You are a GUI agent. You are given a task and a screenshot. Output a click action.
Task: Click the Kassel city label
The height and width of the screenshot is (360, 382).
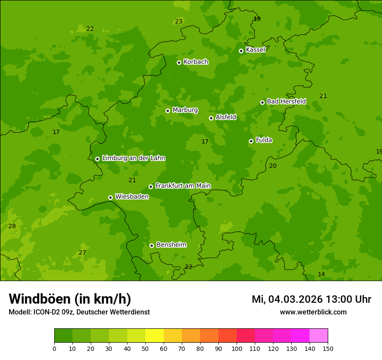[x=255, y=50]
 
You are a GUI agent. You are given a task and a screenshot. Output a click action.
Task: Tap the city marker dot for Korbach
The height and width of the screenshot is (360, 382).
[x=179, y=62]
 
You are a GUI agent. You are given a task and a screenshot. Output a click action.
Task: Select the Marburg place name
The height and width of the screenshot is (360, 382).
[x=185, y=110]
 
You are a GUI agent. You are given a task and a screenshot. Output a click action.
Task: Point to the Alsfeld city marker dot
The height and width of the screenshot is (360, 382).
[x=211, y=118]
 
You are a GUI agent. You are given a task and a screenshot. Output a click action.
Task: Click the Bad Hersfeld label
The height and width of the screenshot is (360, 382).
[x=286, y=101]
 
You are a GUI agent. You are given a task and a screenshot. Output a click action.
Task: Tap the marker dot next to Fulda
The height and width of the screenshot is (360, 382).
[x=251, y=141]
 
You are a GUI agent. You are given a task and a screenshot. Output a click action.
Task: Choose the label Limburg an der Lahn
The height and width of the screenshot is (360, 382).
[x=133, y=158]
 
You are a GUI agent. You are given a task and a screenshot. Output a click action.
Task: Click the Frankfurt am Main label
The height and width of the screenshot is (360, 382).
[x=183, y=186]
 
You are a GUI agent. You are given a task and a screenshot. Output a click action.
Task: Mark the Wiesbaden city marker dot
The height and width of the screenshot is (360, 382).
[x=110, y=197]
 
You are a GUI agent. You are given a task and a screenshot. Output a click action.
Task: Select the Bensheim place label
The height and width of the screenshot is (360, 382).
[x=171, y=245]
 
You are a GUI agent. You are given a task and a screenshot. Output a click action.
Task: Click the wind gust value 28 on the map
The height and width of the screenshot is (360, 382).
[x=12, y=226]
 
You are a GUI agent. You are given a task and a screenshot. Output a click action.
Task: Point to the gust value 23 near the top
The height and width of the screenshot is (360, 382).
[x=178, y=21]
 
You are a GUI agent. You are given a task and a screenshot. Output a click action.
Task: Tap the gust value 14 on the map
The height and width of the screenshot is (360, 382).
[x=321, y=274]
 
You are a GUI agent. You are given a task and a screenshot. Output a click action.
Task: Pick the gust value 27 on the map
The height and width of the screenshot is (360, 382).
[x=82, y=253]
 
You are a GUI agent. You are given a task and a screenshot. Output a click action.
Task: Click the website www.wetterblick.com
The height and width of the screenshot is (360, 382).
[x=313, y=312]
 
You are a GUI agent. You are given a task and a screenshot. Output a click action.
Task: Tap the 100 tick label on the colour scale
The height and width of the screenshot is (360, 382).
[x=237, y=348]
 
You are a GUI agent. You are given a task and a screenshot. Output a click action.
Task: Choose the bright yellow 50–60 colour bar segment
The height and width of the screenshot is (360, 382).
[x=155, y=336]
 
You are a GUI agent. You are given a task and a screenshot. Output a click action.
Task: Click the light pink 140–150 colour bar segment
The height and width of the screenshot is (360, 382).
[x=319, y=336]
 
